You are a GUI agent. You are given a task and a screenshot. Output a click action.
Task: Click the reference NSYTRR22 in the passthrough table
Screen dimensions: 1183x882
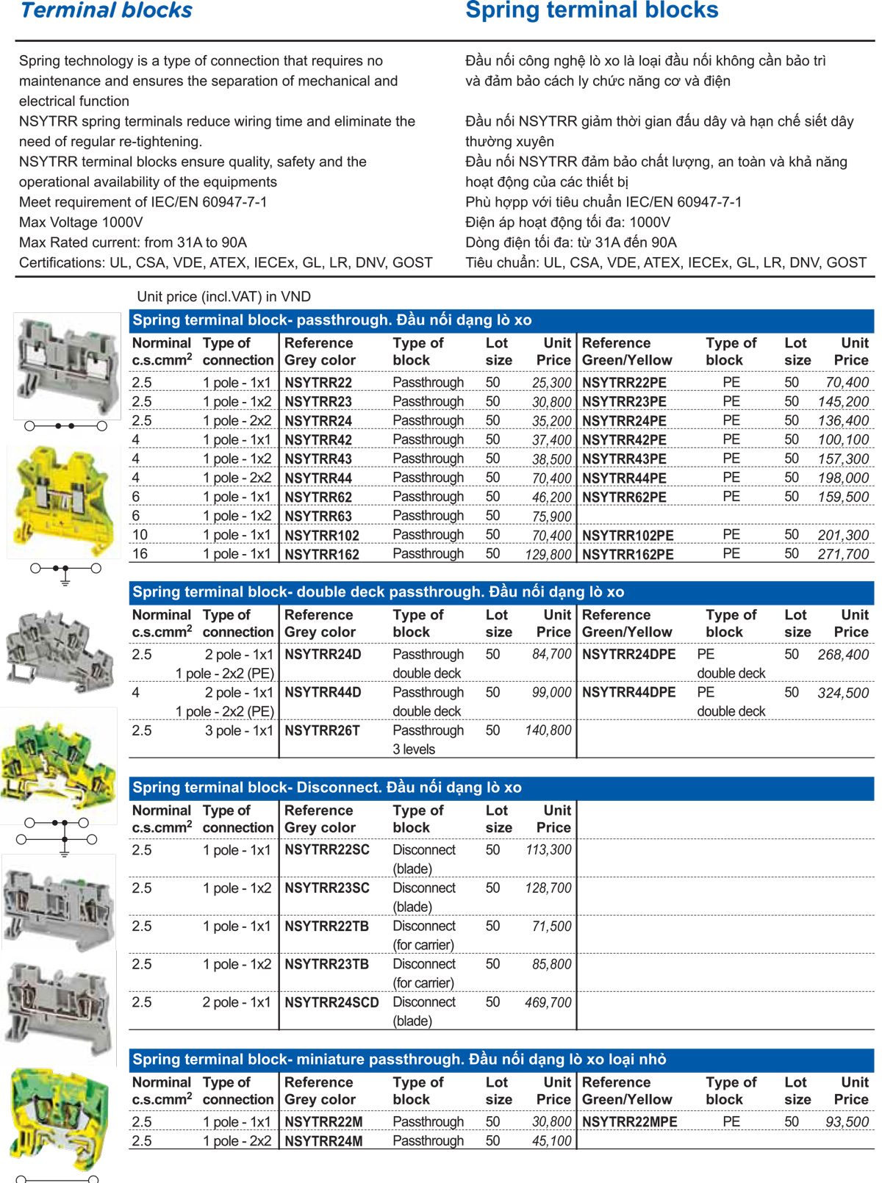point(318,383)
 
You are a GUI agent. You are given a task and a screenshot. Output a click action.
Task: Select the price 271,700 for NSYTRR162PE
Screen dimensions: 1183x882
point(843,555)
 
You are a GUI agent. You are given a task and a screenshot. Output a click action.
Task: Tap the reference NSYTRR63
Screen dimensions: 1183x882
point(318,517)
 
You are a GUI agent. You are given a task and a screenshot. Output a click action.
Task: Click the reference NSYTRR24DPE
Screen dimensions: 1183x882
point(628,655)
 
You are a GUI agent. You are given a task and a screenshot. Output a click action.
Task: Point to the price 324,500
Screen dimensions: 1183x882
point(843,693)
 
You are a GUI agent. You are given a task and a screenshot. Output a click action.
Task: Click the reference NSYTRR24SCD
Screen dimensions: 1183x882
point(331,1003)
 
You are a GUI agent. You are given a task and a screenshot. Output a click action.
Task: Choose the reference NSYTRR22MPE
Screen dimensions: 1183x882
point(629,1123)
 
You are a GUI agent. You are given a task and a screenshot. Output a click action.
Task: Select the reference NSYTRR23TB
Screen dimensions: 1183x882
point(326,965)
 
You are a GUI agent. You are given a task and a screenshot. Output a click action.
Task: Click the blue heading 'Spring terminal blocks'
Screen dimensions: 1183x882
point(592,10)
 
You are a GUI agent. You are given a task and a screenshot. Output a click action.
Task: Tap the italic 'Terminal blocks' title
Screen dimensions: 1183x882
point(107,10)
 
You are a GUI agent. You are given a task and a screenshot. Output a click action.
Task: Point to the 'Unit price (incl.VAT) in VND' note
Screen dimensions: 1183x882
point(223,297)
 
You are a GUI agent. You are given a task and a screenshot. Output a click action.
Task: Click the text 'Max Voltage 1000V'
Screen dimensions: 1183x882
point(81,223)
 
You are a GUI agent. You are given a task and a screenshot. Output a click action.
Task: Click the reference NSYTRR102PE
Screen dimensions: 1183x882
point(628,536)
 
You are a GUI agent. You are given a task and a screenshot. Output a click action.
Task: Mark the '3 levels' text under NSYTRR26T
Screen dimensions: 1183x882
point(413,749)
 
